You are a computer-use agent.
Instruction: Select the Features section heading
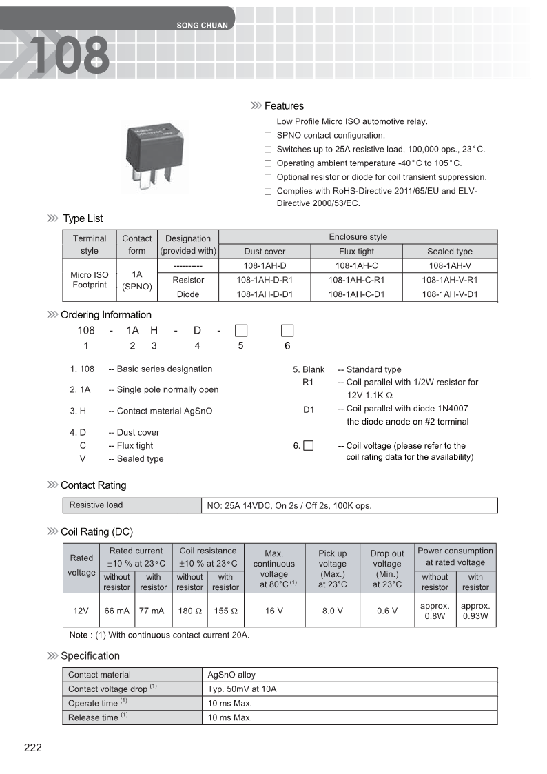[x=284, y=106]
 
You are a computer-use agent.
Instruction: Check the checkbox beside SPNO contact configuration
[x=268, y=136]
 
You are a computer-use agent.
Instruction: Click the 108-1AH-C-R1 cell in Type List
[x=356, y=280]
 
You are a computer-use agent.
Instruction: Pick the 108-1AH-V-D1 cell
[x=449, y=294]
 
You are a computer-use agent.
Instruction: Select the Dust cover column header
[x=265, y=252]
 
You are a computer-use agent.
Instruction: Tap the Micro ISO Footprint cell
[x=90, y=280]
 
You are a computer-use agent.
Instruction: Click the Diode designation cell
[x=188, y=294]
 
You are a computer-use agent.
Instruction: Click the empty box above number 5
[x=240, y=330]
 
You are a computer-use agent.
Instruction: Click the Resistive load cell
[x=96, y=505]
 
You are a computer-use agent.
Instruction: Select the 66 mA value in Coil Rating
[x=116, y=611]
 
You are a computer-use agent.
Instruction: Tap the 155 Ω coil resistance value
[x=225, y=611]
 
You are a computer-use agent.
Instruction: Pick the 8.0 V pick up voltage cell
[x=332, y=611]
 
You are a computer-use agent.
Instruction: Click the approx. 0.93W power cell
[x=475, y=611]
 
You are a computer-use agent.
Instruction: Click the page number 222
[x=33, y=748]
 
